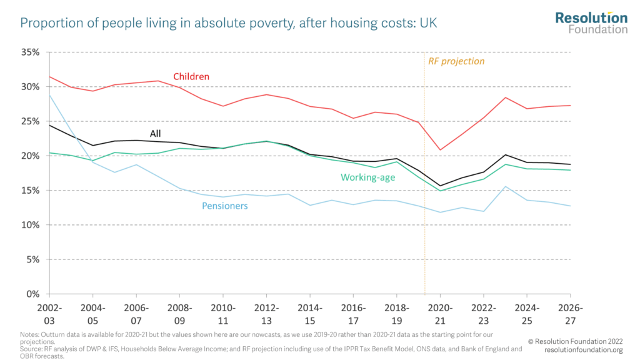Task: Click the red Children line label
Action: point(192,77)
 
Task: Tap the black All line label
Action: point(156,133)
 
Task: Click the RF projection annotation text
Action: point(456,61)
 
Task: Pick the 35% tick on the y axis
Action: point(29,52)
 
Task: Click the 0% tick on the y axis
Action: point(32,294)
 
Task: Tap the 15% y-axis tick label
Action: point(29,191)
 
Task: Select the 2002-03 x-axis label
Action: point(49,313)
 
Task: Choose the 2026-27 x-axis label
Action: point(570,313)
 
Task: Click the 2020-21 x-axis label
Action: point(440,313)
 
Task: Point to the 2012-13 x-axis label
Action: point(266,313)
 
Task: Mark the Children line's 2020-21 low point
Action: point(440,150)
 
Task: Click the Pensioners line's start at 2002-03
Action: point(50,96)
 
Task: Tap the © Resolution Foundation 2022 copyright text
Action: point(575,342)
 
